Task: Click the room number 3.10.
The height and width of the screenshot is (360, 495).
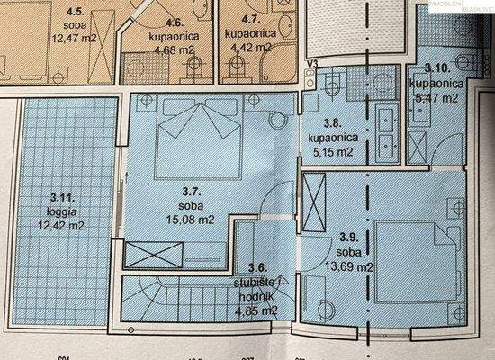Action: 438,68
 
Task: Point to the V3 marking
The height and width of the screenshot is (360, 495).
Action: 313,62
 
